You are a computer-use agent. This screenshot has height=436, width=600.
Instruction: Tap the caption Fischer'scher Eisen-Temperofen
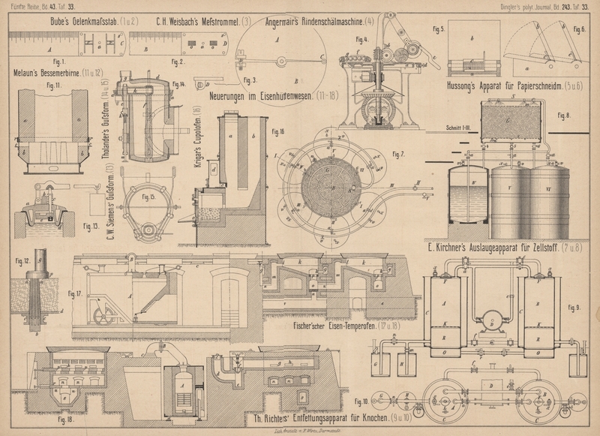coord(354,326)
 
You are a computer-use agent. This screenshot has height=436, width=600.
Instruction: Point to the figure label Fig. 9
coord(574,308)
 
